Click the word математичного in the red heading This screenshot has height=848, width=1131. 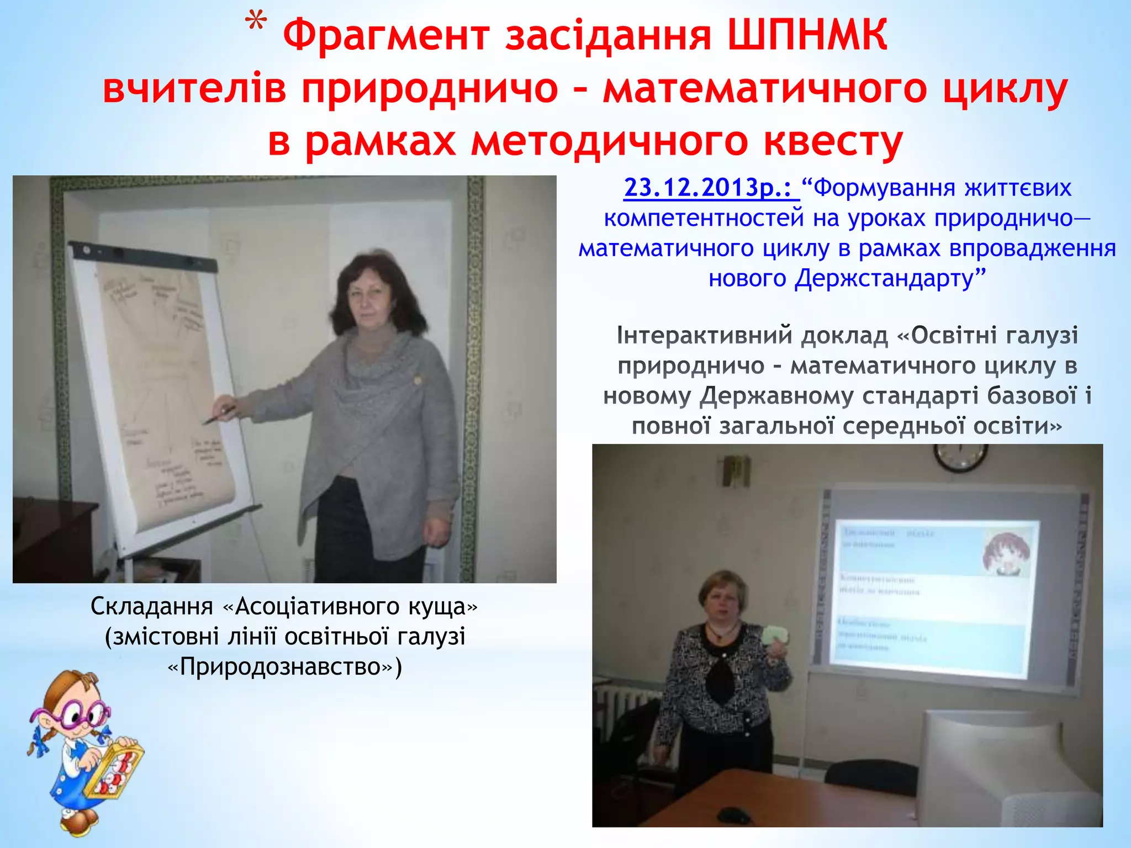coord(764,88)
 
